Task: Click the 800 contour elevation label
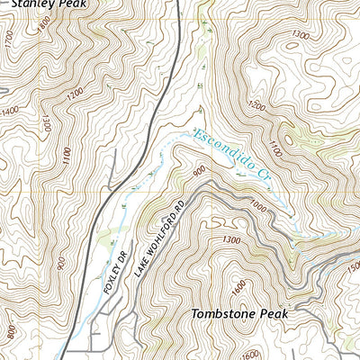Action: (10, 333)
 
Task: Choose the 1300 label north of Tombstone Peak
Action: (229, 239)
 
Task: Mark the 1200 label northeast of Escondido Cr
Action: (256, 106)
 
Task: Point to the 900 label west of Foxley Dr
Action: (60, 264)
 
